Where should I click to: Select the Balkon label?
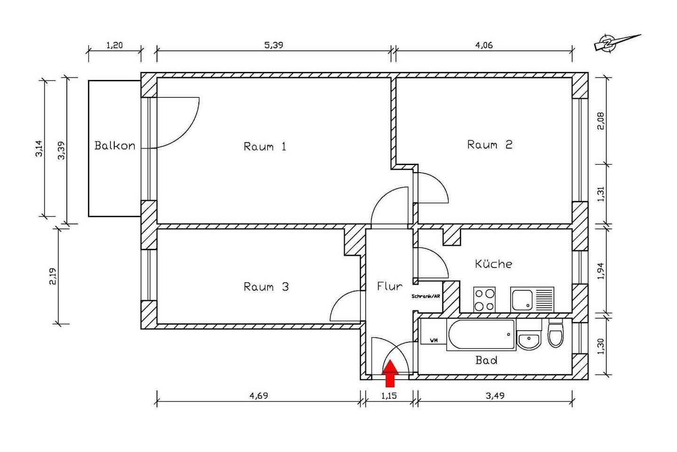click(115, 146)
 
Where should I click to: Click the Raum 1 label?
click(265, 147)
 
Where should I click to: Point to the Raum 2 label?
click(489, 144)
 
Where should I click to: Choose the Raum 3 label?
click(266, 286)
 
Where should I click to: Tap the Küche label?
click(494, 264)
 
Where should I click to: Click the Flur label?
click(390, 286)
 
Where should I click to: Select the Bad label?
click(486, 360)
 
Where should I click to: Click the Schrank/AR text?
click(425, 297)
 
